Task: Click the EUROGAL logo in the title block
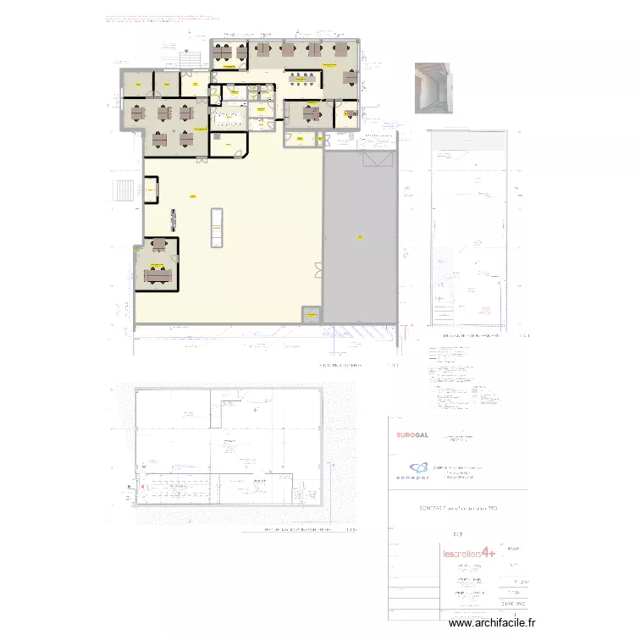pos(412,435)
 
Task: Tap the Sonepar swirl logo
pos(417,469)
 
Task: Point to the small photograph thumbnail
pos(433,87)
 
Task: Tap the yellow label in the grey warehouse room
pos(359,236)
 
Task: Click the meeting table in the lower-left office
pos(158,274)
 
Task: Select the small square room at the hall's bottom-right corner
pos(312,315)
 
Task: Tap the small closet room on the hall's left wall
pos(151,190)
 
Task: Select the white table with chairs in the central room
pos(228,118)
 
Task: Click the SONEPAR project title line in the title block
pos(458,507)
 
